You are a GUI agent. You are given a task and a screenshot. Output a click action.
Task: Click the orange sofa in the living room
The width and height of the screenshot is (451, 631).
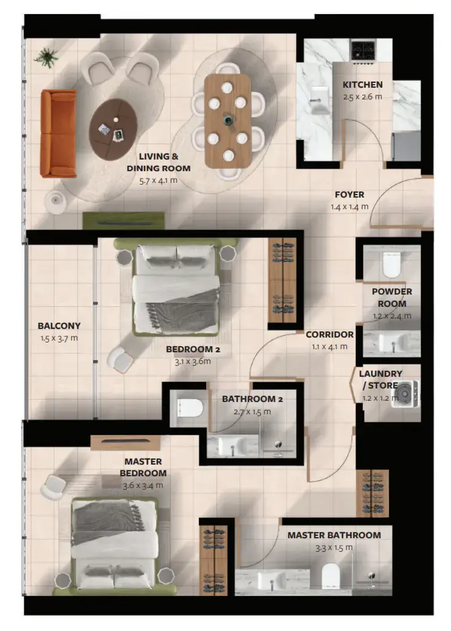(58, 133)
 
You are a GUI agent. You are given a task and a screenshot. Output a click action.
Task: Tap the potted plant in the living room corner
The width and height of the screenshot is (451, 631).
(47, 57)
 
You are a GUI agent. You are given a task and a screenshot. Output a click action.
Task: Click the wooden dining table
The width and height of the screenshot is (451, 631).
(227, 121)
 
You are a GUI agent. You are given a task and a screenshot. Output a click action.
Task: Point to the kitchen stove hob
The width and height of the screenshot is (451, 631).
(363, 51)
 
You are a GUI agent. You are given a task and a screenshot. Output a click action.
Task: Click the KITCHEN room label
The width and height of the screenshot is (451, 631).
(363, 85)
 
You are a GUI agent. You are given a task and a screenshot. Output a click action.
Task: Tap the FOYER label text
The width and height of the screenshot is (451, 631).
(350, 195)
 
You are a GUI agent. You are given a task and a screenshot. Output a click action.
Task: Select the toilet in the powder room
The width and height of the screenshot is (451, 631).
(391, 264)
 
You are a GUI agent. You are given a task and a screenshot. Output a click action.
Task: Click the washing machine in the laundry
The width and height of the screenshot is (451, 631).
(406, 393)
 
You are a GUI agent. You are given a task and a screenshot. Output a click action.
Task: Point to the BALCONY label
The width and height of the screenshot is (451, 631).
(59, 325)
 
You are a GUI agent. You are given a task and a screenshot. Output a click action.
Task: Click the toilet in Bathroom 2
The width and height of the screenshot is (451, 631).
(188, 408)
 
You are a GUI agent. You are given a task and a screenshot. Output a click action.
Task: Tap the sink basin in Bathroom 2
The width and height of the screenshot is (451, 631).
(232, 446)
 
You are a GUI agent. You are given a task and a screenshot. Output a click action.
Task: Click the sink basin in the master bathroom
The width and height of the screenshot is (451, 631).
(272, 580)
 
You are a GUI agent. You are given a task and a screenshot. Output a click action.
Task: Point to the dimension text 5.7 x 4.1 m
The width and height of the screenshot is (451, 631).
(158, 180)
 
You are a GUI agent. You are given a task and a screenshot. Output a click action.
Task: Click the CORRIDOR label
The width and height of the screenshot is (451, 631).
(330, 335)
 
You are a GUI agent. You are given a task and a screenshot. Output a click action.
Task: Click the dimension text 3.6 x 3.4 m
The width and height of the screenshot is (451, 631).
(143, 486)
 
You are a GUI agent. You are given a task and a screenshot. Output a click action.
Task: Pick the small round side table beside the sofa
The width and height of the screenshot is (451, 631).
(55, 201)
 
